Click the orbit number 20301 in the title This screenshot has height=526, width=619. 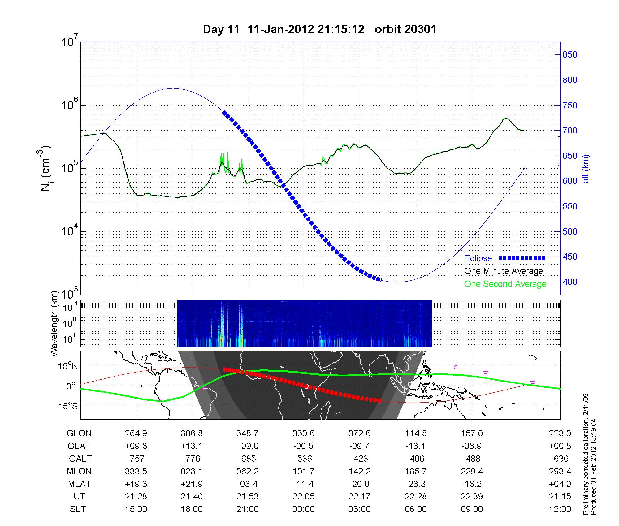pos(405,29)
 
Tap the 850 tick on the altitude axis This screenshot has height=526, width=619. pos(569,55)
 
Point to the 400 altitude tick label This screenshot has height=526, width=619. pos(569,282)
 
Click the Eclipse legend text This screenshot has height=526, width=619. pos(478,258)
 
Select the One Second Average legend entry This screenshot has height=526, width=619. pos(505,284)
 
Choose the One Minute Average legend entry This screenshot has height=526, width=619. pos(504,271)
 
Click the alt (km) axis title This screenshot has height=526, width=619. pos(586,169)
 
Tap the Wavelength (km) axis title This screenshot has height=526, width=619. pos(55,323)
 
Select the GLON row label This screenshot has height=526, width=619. pos(79,433)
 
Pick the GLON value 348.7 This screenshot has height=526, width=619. pos(247,433)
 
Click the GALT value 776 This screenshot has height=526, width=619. pos(193,458)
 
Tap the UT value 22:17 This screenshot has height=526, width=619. pos(359,497)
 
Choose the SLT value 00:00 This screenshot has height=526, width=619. pos(303,509)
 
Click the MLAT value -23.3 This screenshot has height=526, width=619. pos(416,484)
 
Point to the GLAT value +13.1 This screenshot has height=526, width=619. pos(192,446)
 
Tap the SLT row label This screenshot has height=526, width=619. pos(78,509)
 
